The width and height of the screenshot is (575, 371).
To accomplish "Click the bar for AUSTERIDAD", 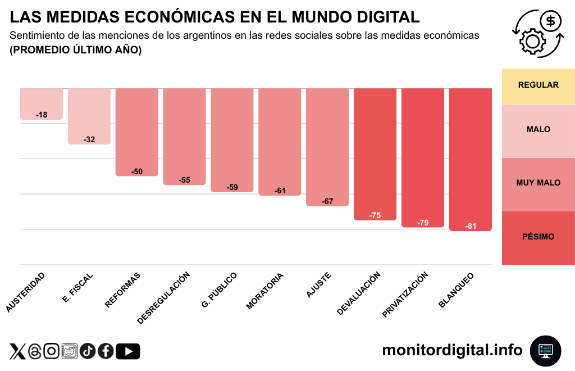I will [42, 103].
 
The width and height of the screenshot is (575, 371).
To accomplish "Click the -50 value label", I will [137, 171].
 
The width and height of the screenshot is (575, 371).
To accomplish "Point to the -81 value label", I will [471, 227].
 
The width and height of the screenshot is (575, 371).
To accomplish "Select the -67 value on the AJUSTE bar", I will [327, 201].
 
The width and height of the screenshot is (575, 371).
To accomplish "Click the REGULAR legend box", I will [538, 85].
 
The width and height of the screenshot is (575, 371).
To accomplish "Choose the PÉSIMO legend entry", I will [538, 237].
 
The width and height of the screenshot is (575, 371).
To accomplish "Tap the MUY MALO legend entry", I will [538, 183].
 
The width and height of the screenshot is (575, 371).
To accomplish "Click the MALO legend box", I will [538, 130].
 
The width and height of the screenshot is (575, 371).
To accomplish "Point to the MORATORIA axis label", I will [265, 291].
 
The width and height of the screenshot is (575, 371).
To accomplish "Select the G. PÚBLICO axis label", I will [220, 290].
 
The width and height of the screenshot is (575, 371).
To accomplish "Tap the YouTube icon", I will [128, 351].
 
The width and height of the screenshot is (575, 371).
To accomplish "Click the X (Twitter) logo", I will [18, 351].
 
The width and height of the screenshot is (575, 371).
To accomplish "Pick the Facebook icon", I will [106, 351].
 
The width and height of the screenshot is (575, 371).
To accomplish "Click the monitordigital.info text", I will [452, 350].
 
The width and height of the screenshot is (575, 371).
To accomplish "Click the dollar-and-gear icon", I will [537, 33].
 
